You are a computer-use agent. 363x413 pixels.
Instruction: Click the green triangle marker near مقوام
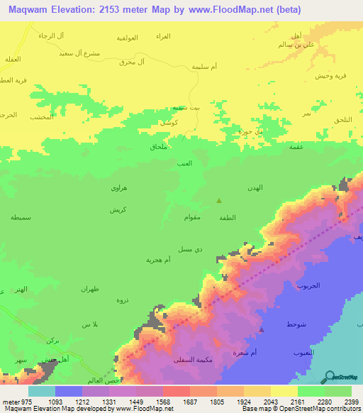coord(218,201)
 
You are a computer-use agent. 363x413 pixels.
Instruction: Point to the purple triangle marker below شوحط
coord(262,329)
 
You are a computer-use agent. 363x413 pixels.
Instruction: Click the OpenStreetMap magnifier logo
coord(330,376)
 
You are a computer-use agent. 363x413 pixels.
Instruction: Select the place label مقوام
coord(195,216)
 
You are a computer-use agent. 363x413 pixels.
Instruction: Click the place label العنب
coord(185,163)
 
